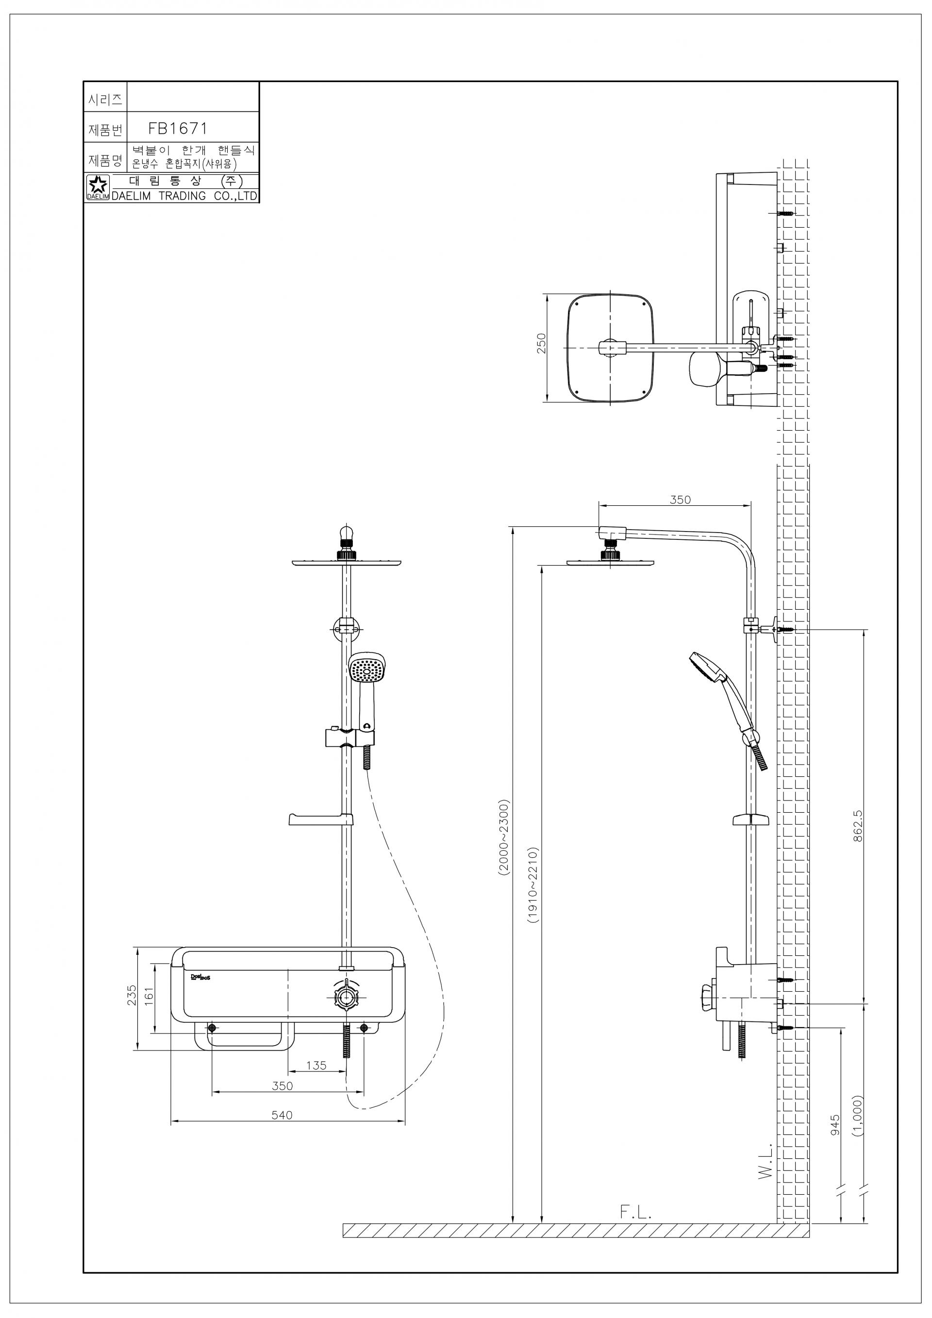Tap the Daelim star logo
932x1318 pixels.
97,185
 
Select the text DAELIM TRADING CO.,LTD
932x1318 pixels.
184,196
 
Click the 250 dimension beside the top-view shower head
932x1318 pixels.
541,343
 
